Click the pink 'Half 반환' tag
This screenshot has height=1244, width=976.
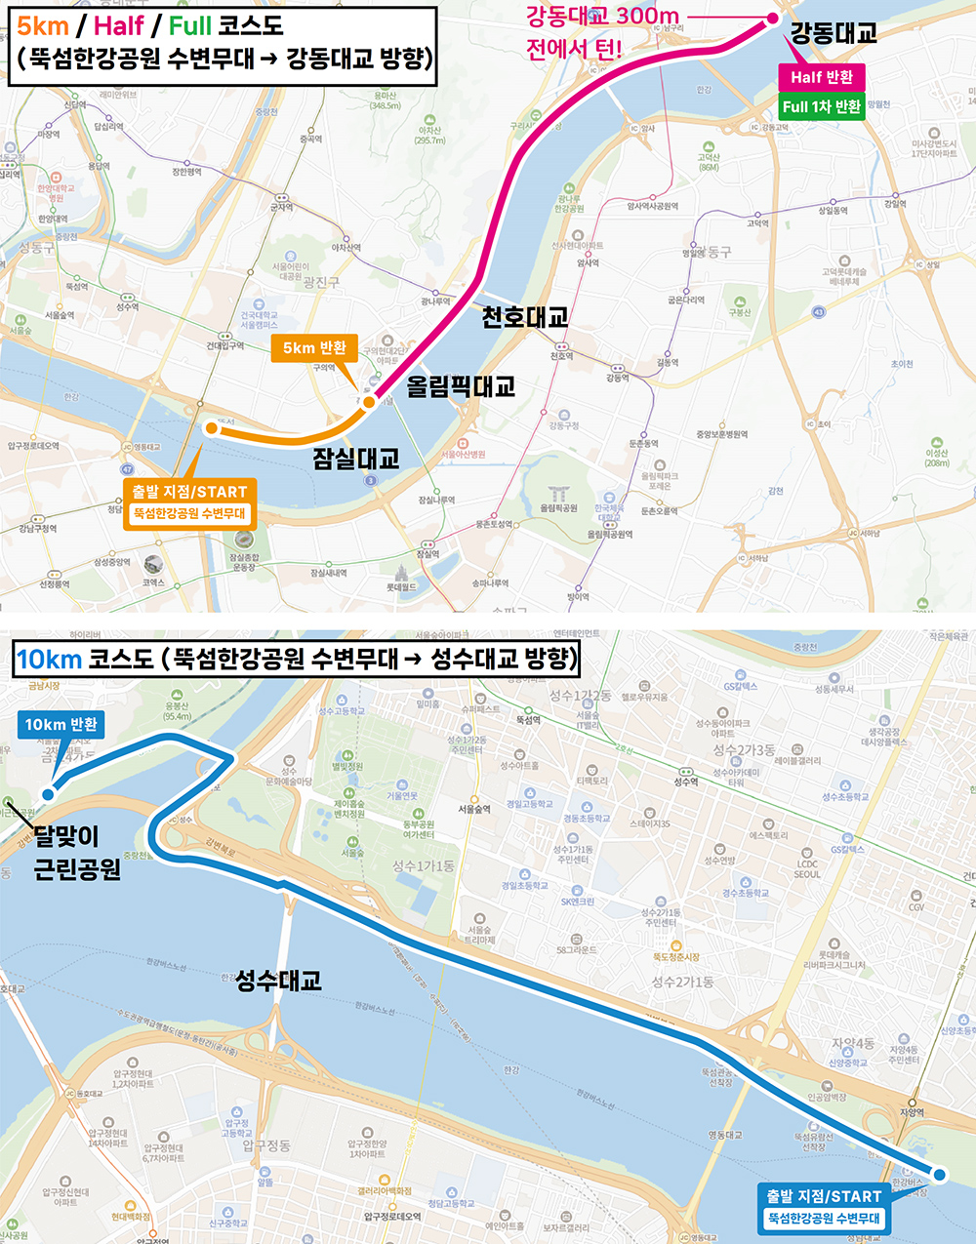[x=822, y=77]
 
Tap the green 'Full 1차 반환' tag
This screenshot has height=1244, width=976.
[x=822, y=106]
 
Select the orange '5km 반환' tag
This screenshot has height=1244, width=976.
[x=314, y=347]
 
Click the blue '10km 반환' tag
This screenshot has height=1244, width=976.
[x=61, y=724]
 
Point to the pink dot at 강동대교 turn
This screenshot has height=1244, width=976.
[x=773, y=19]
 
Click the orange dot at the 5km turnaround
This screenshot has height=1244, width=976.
[x=369, y=402]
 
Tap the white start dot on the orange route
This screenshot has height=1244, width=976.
[x=211, y=427]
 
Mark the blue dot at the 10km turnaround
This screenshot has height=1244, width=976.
[x=48, y=794]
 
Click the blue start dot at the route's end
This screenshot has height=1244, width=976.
[x=939, y=1175]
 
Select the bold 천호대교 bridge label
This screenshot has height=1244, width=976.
[x=525, y=317]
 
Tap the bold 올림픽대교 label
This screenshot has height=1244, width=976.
[x=461, y=386]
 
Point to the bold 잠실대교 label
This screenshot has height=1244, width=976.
[x=356, y=459]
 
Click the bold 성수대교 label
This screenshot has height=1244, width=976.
[x=278, y=981]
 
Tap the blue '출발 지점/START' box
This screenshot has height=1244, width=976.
[x=824, y=1207]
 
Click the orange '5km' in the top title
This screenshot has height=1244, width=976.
[x=42, y=25]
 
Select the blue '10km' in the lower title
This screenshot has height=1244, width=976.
[x=49, y=660]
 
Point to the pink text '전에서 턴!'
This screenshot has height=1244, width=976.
[x=574, y=49]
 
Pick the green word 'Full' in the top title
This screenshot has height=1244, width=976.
[x=190, y=25]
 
